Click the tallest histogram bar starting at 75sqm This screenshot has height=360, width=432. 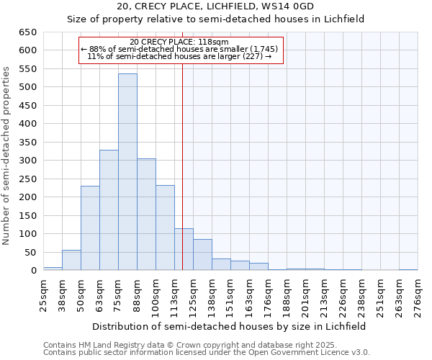127,173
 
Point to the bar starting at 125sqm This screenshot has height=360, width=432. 202,255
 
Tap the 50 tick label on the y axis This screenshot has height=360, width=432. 30,252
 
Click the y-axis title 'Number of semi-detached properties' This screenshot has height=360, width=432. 7,156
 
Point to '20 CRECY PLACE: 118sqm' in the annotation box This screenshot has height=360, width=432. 179,42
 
